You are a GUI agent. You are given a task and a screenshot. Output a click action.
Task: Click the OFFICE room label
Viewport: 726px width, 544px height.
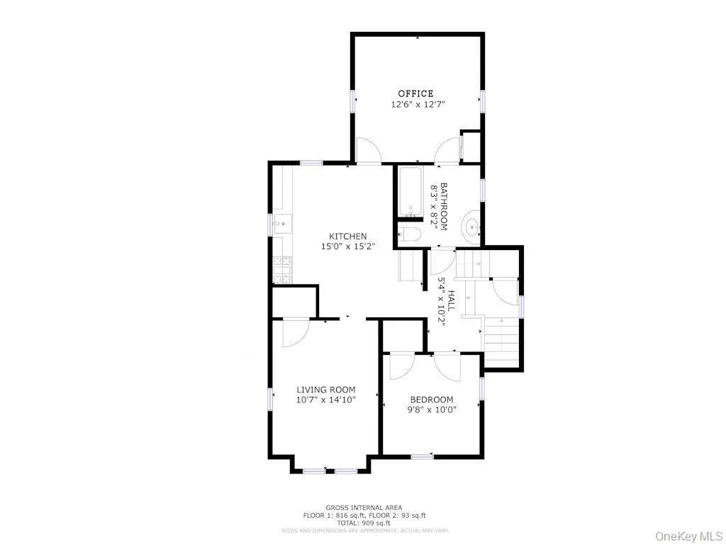415,93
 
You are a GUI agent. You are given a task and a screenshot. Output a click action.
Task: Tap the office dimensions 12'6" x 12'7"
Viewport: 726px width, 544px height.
418,104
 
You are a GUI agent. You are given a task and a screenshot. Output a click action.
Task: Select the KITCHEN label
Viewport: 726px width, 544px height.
347,237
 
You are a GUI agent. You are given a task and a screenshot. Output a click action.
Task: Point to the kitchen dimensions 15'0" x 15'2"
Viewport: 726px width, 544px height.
347,246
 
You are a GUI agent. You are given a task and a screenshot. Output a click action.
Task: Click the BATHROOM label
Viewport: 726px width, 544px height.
445,206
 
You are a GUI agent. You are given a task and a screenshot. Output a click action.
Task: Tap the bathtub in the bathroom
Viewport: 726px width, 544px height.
411,191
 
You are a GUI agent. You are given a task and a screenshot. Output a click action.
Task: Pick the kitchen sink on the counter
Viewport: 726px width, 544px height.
282,225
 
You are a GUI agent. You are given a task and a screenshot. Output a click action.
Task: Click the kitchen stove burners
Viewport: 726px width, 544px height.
281,269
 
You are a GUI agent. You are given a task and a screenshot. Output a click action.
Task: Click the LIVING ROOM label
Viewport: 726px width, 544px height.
325,390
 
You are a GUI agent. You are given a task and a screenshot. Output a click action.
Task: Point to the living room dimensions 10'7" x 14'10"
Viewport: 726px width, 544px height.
325,399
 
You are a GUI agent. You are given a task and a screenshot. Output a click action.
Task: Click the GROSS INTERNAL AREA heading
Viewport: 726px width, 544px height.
364,507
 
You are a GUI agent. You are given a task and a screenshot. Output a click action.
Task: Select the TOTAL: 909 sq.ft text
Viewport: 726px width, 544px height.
364,522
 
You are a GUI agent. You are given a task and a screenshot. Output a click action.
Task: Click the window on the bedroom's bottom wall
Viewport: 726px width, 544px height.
422,456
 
